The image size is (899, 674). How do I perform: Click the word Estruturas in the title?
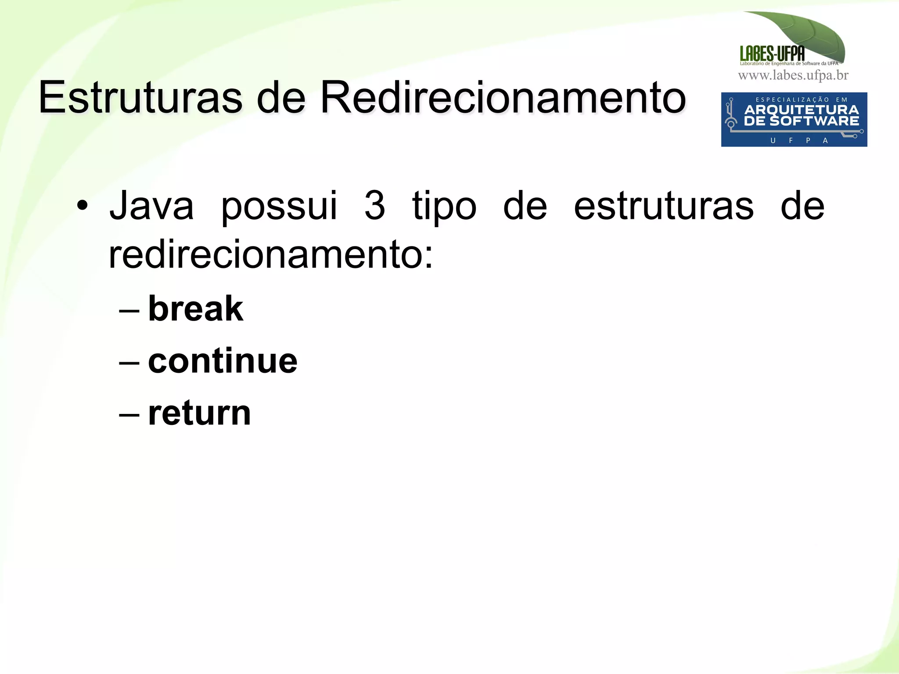(140, 97)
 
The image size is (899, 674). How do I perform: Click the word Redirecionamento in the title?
(503, 97)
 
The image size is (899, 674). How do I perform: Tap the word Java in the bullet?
(151, 206)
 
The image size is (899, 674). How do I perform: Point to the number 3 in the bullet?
(375, 206)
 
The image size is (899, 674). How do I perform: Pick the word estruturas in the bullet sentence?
(663, 206)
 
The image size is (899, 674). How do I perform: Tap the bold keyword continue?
(223, 361)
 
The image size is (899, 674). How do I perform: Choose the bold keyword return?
(200, 413)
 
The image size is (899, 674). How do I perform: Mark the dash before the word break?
(129, 310)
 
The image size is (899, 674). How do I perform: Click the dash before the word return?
(129, 414)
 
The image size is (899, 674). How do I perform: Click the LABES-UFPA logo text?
(772, 53)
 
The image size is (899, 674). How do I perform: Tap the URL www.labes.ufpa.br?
(793, 75)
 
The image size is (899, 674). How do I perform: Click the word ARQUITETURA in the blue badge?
(802, 110)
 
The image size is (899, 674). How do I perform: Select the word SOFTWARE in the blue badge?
(814, 121)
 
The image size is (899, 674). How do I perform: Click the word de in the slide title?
(281, 97)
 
